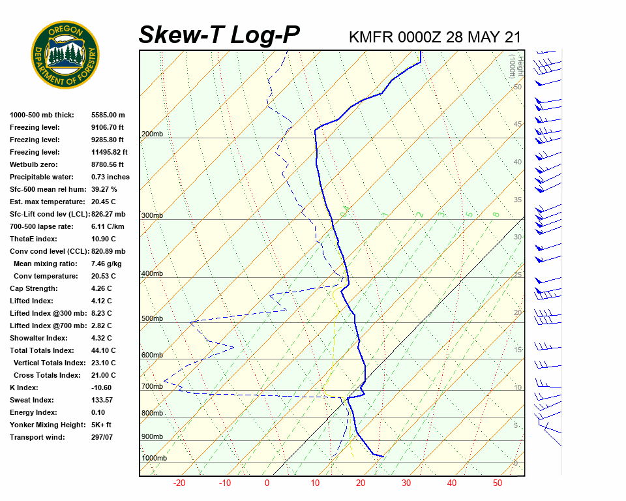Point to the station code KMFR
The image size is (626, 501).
point(371,37)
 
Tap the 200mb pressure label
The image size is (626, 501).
point(152,134)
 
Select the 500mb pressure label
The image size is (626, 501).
point(152,319)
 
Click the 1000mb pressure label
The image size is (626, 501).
point(154,459)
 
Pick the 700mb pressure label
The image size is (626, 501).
point(152,387)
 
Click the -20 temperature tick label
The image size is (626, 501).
point(179,483)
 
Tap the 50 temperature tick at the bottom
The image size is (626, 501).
point(497,483)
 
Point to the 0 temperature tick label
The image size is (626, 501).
point(267,483)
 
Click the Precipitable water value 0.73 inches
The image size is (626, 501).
point(110,177)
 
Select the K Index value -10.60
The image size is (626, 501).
point(101,387)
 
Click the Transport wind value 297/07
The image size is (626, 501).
point(102,437)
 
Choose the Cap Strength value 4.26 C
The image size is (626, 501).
point(102,288)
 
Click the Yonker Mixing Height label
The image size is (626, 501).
point(48,425)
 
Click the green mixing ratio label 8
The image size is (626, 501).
point(496,214)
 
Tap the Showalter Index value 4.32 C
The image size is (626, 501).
point(102,338)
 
